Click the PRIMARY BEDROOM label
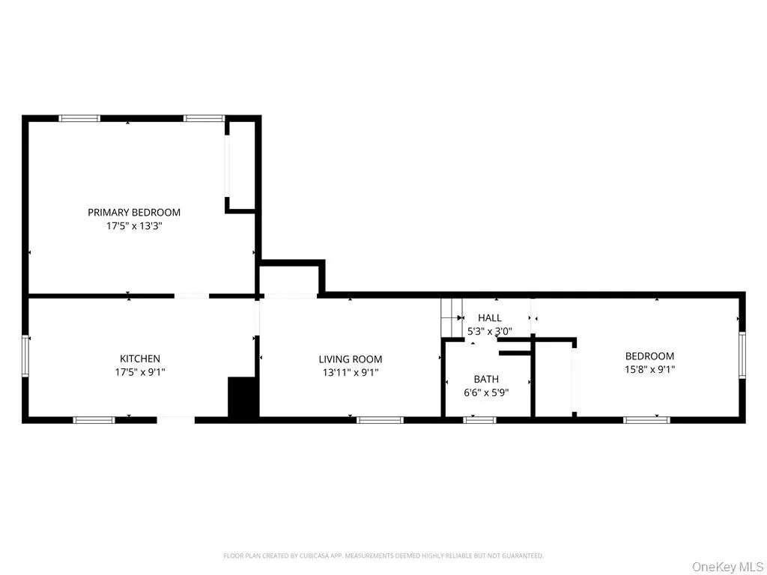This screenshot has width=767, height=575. pyautogui.click(x=134, y=212)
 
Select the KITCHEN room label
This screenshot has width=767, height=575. pyautogui.click(x=140, y=359)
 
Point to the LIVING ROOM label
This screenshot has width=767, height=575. pyautogui.click(x=351, y=359)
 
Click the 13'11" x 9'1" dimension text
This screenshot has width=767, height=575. pyautogui.click(x=351, y=372)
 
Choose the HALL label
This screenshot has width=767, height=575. pyautogui.click(x=490, y=318)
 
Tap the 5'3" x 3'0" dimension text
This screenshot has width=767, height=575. pyautogui.click(x=490, y=330)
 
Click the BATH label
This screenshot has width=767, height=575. pyautogui.click(x=486, y=380)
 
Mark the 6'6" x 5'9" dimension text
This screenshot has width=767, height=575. pyautogui.click(x=486, y=392)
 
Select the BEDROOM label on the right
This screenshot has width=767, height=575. pyautogui.click(x=649, y=356)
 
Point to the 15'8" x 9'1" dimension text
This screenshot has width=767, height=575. pyautogui.click(x=649, y=369)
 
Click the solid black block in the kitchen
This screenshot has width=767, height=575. pyautogui.click(x=243, y=397)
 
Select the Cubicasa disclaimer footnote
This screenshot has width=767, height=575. pyautogui.click(x=383, y=556)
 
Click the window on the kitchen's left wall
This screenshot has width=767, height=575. pyautogui.click(x=26, y=356)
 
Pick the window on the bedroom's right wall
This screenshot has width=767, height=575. pyautogui.click(x=742, y=354)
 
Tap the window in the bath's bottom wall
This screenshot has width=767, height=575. pyautogui.click(x=479, y=420)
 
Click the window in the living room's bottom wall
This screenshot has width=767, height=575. pyautogui.click(x=380, y=420)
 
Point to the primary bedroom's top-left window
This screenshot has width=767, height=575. pyautogui.click(x=79, y=118)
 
